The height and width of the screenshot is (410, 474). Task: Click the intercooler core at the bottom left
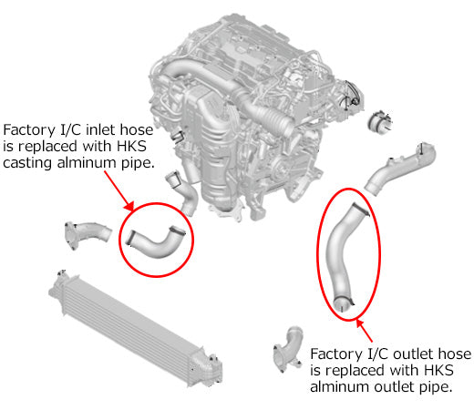[x=128, y=323]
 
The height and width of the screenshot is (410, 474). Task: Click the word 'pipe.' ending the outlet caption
[x=434, y=388]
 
